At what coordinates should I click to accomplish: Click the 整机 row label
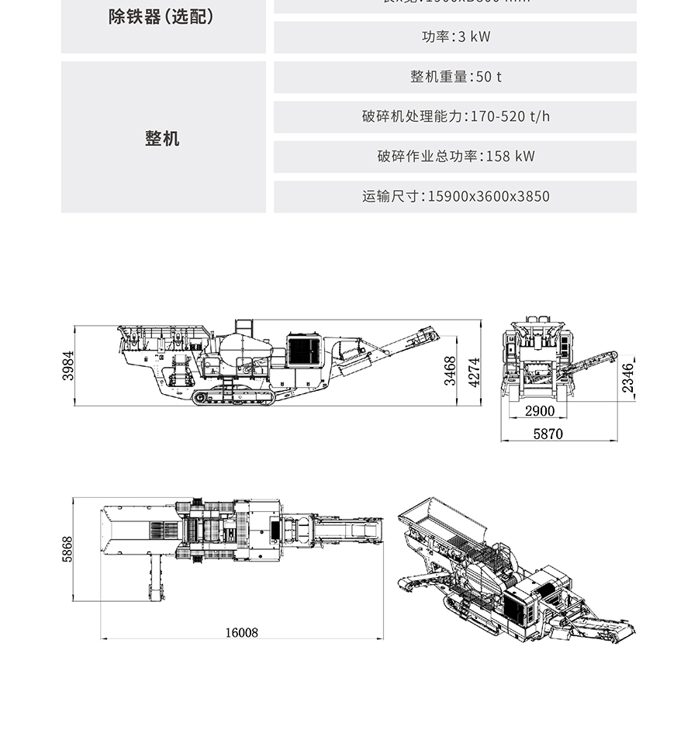click(162, 138)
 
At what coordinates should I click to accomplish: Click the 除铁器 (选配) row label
click(161, 16)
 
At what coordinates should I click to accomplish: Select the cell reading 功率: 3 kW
click(455, 36)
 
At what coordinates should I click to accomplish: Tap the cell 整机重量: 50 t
click(455, 77)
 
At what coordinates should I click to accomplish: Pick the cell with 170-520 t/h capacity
click(455, 116)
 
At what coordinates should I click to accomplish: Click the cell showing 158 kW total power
click(455, 156)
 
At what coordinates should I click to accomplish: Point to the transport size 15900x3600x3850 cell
click(455, 196)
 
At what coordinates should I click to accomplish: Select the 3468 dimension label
click(450, 371)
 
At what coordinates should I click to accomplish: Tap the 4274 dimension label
click(474, 371)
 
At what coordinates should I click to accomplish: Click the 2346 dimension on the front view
click(627, 378)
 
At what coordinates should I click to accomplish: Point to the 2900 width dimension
click(540, 410)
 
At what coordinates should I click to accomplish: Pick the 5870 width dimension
click(548, 434)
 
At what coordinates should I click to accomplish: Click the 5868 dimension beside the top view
click(67, 550)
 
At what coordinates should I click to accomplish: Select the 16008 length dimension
click(241, 632)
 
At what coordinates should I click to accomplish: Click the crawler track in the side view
click(233, 398)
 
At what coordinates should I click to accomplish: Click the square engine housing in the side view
click(303, 351)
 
